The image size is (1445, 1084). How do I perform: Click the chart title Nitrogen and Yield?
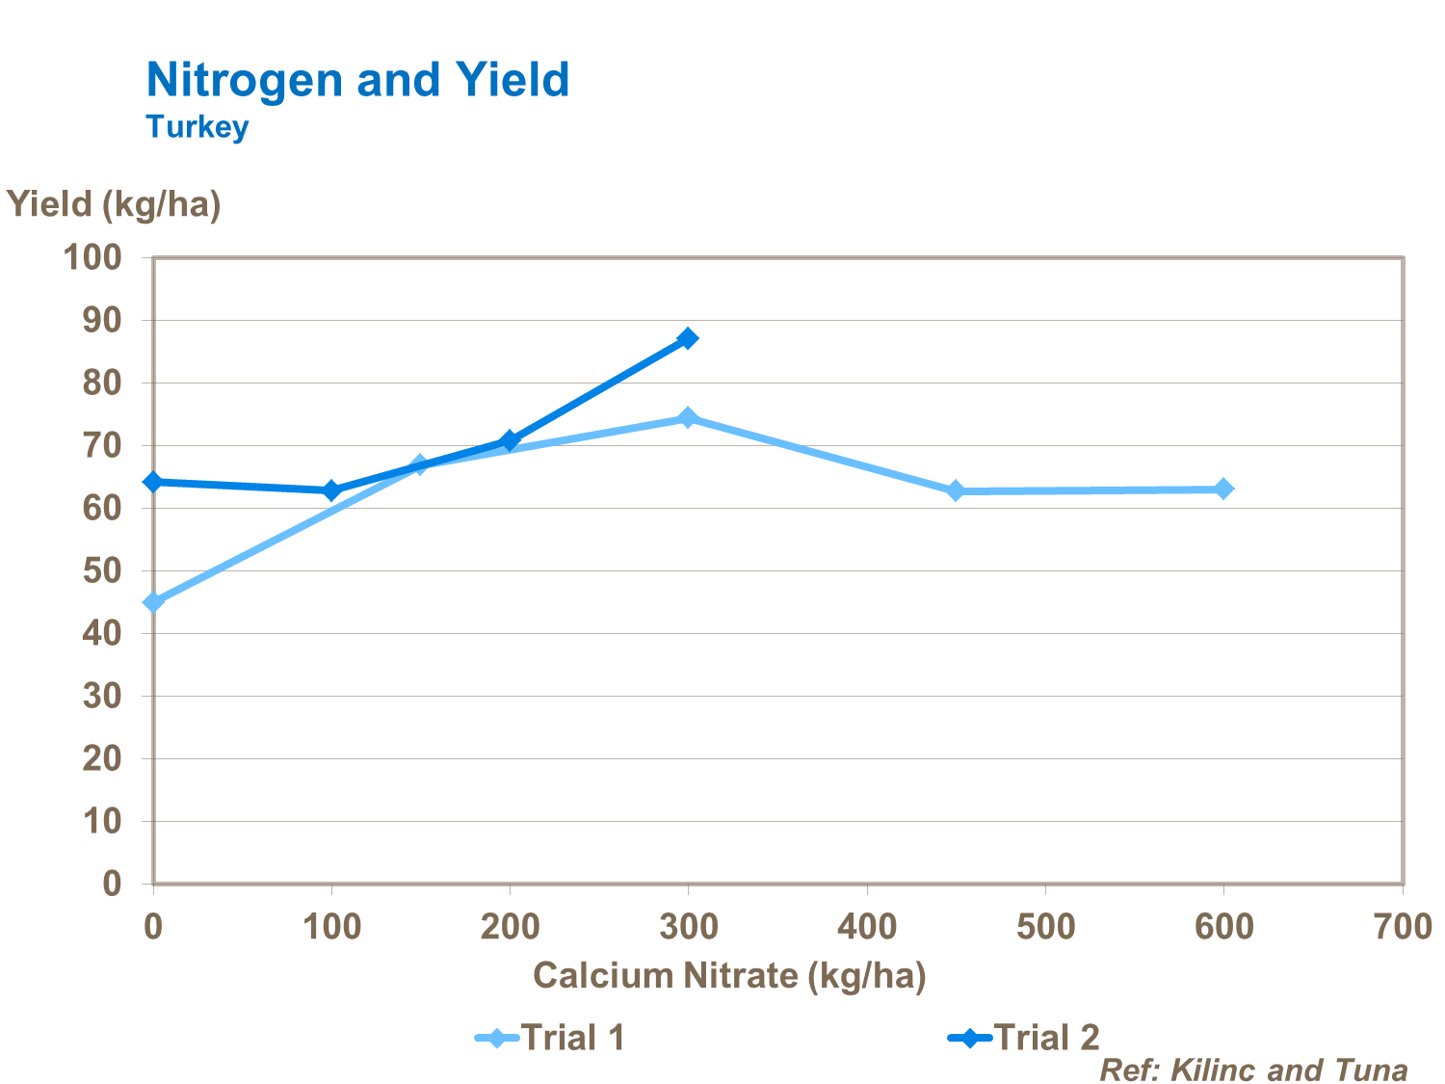(357, 80)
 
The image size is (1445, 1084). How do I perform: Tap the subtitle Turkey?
(197, 127)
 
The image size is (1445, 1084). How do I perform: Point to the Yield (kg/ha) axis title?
(114, 204)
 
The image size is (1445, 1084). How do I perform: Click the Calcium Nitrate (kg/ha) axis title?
(729, 975)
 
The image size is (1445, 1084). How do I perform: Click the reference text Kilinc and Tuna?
(1253, 1070)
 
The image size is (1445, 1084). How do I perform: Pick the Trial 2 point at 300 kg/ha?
(688, 338)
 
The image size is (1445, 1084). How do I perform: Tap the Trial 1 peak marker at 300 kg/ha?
(688, 417)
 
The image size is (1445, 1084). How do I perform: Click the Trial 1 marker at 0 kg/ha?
(153, 602)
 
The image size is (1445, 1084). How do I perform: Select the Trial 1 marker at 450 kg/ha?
(956, 490)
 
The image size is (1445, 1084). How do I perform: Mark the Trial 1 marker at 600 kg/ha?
(1223, 489)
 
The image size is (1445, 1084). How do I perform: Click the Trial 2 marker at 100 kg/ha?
(331, 490)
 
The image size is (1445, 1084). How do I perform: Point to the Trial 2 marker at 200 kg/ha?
(510, 440)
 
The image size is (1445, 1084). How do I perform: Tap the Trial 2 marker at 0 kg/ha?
(153, 482)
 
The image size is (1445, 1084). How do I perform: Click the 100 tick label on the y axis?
(92, 257)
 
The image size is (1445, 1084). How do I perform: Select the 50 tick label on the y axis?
(102, 570)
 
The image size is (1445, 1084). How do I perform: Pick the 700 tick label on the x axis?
(1402, 927)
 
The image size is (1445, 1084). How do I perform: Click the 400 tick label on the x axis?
(867, 927)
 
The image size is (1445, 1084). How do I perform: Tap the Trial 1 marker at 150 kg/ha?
(420, 465)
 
